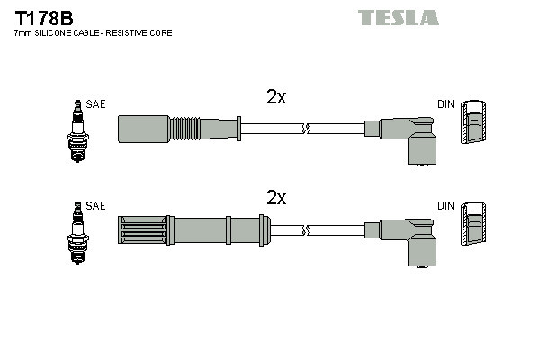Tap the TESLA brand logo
pyautogui.click(x=399, y=17)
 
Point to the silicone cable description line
pyautogui.click(x=93, y=33)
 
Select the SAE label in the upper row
pyautogui.click(x=96, y=104)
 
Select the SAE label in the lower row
pyautogui.click(x=96, y=206)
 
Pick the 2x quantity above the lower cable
pyautogui.click(x=276, y=198)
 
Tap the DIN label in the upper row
pyautogui.click(x=445, y=104)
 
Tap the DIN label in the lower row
pyautogui.click(x=445, y=206)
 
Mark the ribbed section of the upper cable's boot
pyautogui.click(x=184, y=129)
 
